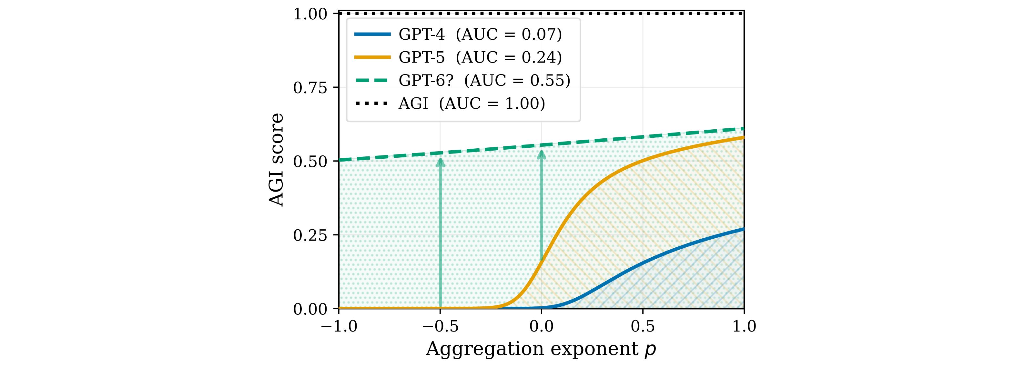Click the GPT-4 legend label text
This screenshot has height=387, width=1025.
pyautogui.click(x=480, y=35)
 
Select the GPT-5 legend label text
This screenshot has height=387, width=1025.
pyautogui.click(x=480, y=58)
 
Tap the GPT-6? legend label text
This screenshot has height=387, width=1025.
pyautogui.click(x=484, y=80)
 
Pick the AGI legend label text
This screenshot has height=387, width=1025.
pyautogui.click(x=472, y=104)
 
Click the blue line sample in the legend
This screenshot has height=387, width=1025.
pyautogui.click(x=372, y=35)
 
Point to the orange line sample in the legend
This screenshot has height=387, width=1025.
pyautogui.click(x=372, y=58)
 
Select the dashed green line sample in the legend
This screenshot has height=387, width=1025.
pyautogui.click(x=372, y=80)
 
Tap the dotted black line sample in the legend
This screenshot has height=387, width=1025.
pyautogui.click(x=372, y=104)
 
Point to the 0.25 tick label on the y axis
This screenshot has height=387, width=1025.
pyautogui.click(x=310, y=235)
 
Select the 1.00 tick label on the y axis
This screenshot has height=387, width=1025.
pyautogui.click(x=310, y=14)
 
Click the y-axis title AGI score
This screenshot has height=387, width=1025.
pyautogui.click(x=277, y=160)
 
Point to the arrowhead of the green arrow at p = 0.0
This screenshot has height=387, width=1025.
pyautogui.click(x=542, y=154)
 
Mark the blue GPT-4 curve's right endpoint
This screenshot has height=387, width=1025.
pyautogui.click(x=743, y=229)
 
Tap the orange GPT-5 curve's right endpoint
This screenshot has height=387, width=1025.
pyautogui.click(x=743, y=138)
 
